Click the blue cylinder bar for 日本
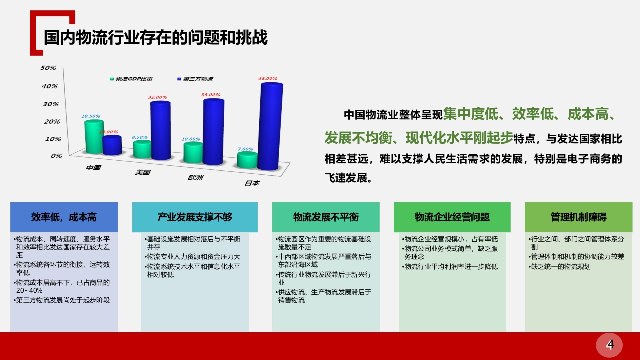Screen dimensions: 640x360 pyautogui.click(x=270, y=126)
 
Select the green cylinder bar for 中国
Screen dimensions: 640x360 pyautogui.click(x=94, y=137)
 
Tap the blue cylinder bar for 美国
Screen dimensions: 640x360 pyautogui.click(x=160, y=130)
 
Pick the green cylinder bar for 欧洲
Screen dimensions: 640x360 pyautogui.click(x=193, y=152)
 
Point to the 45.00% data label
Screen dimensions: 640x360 pyautogui.click(x=268, y=78)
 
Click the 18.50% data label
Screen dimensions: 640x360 pyautogui.click(x=91, y=116)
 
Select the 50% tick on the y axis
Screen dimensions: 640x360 pyautogui.click(x=48, y=68)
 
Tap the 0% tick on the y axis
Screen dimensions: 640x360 pyautogui.click(x=56, y=156)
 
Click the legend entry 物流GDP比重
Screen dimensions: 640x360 pyautogui.click(x=131, y=79)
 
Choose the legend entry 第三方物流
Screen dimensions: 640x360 pyautogui.click(x=195, y=79)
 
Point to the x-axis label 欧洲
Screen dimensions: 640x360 pyautogui.click(x=195, y=177)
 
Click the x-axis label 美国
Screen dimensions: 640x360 pyautogui.click(x=143, y=172)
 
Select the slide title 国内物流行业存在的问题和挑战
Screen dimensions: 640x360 pyautogui.click(x=156, y=37)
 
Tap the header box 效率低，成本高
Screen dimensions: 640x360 pyautogui.click(x=64, y=217)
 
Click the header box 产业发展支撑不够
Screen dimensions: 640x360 pyautogui.click(x=195, y=217)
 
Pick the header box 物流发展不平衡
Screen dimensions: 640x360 pyautogui.click(x=326, y=217)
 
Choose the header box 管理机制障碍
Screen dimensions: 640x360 pyautogui.click(x=579, y=217)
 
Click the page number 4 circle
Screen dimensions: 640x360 pyautogui.click(x=609, y=345)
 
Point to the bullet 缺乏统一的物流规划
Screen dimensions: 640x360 pyautogui.click(x=559, y=267)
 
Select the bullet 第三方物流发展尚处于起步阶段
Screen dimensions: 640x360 pyautogui.click(x=61, y=300)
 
